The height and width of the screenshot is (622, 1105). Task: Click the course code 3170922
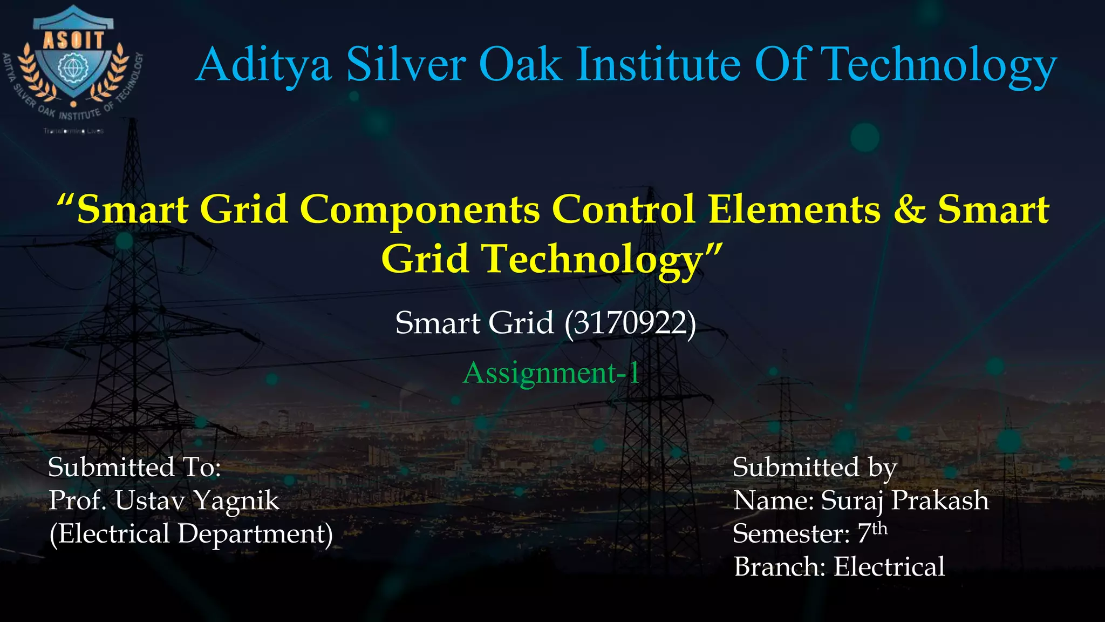630,323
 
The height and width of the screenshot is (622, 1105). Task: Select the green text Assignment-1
551,373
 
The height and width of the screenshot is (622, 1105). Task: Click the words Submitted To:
134,467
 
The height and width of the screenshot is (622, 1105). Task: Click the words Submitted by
814,467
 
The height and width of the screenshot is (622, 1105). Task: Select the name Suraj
852,501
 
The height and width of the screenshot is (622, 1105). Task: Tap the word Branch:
780,567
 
